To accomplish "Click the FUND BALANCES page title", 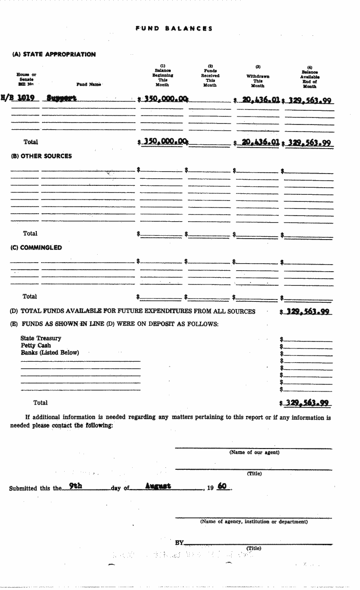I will click(174, 28).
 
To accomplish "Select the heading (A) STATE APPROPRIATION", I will click(54, 54).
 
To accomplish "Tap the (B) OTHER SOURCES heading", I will click(42, 156).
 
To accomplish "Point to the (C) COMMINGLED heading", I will click(36, 248).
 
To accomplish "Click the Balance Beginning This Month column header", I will click(162, 75).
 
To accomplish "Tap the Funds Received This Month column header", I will click(210, 75).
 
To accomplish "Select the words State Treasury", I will click(41, 338).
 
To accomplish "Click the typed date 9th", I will click(75, 486).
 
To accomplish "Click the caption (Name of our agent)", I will click(254, 452).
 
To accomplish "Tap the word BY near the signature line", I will click(179, 543).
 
